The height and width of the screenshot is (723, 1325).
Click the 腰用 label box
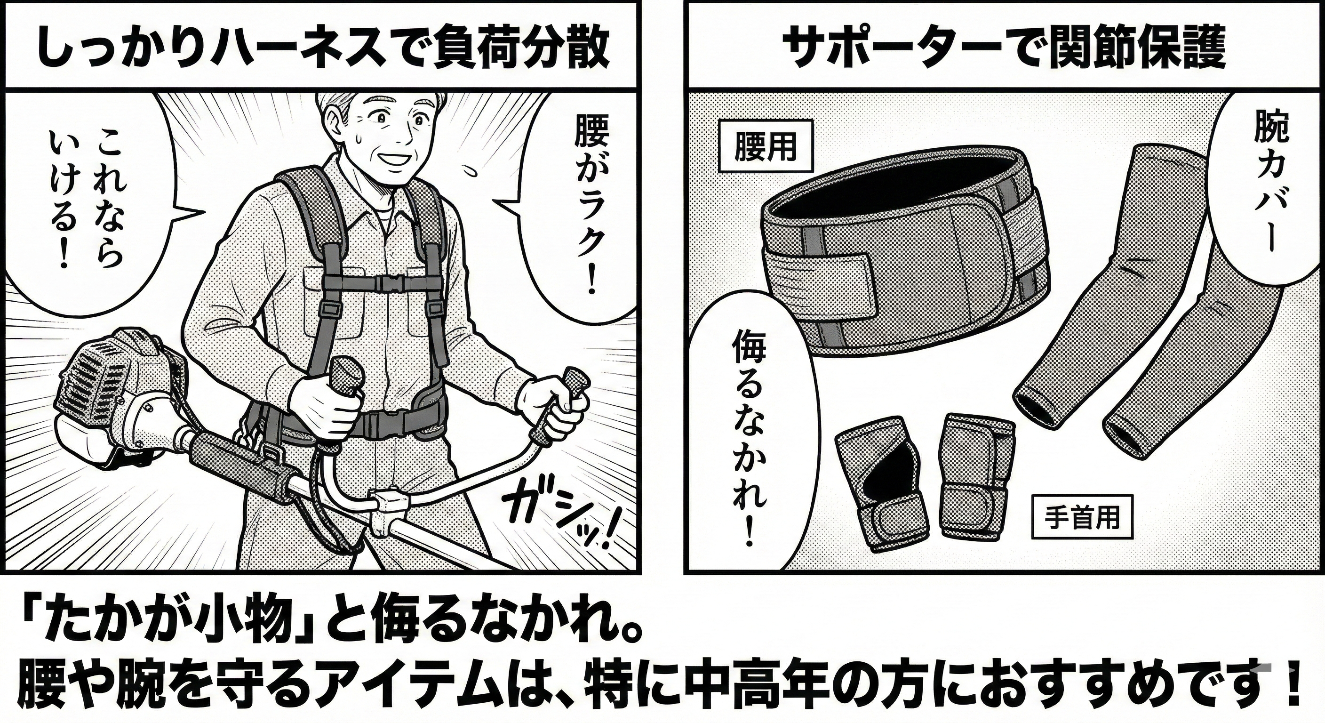(x=766, y=147)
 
